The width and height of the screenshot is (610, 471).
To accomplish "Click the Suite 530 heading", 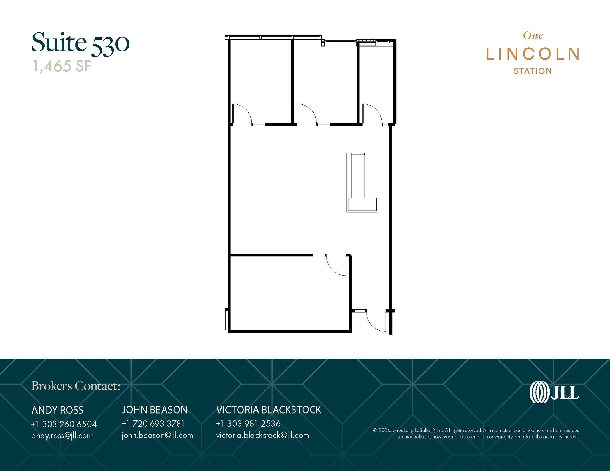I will click(80, 43).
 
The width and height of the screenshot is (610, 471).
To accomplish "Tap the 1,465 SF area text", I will click(62, 66).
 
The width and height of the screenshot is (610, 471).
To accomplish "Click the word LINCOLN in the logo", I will click(533, 54).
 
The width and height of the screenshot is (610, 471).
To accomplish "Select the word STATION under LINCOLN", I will click(533, 71).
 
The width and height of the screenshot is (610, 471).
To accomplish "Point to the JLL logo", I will click(554, 392).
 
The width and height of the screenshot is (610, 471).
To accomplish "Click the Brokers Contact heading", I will click(76, 386).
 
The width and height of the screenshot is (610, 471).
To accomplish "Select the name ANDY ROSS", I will click(57, 410).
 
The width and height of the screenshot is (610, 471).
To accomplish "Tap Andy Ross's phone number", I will click(64, 424).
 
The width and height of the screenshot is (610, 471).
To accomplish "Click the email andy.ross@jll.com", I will click(62, 436).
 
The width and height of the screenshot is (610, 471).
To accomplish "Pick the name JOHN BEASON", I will click(155, 410).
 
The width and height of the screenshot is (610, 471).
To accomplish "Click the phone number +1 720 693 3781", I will click(153, 424).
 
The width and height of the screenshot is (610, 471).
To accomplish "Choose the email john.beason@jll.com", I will click(157, 435).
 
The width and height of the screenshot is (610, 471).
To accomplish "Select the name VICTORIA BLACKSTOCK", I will click(269, 410).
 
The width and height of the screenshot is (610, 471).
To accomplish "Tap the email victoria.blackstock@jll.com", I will click(262, 435).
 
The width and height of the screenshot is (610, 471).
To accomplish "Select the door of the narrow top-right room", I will click(371, 114).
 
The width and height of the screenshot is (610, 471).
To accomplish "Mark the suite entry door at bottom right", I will click(376, 321).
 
